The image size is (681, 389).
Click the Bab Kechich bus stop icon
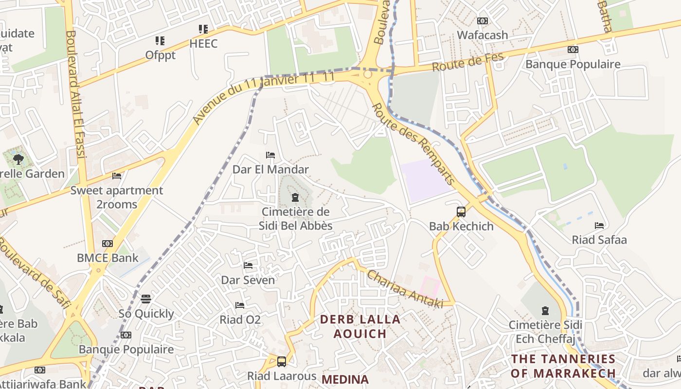(x=461, y=212)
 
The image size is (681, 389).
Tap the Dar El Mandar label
(x=270, y=170)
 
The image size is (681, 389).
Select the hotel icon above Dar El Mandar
(x=270, y=155)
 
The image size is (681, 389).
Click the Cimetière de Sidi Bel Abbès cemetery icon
(x=294, y=197)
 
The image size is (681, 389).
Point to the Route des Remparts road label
(x=413, y=143)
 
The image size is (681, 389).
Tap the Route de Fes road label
(x=467, y=62)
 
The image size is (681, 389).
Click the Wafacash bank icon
(x=482, y=21)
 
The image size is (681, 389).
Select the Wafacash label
(x=482, y=35)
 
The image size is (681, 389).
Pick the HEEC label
(x=203, y=44)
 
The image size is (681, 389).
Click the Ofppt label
(x=160, y=55)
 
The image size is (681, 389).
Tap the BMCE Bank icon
(x=108, y=244)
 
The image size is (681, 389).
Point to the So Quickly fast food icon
(x=146, y=299)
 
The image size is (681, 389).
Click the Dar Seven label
(x=248, y=280)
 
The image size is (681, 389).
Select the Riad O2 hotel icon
(x=240, y=305)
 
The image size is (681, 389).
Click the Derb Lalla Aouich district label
(x=360, y=326)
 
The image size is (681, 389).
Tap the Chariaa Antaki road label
(x=405, y=289)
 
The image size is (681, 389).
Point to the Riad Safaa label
(x=599, y=240)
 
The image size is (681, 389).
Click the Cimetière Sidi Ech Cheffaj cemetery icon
(x=545, y=310)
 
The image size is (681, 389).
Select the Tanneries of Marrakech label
(x=563, y=366)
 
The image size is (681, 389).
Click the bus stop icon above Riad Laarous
(x=281, y=361)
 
